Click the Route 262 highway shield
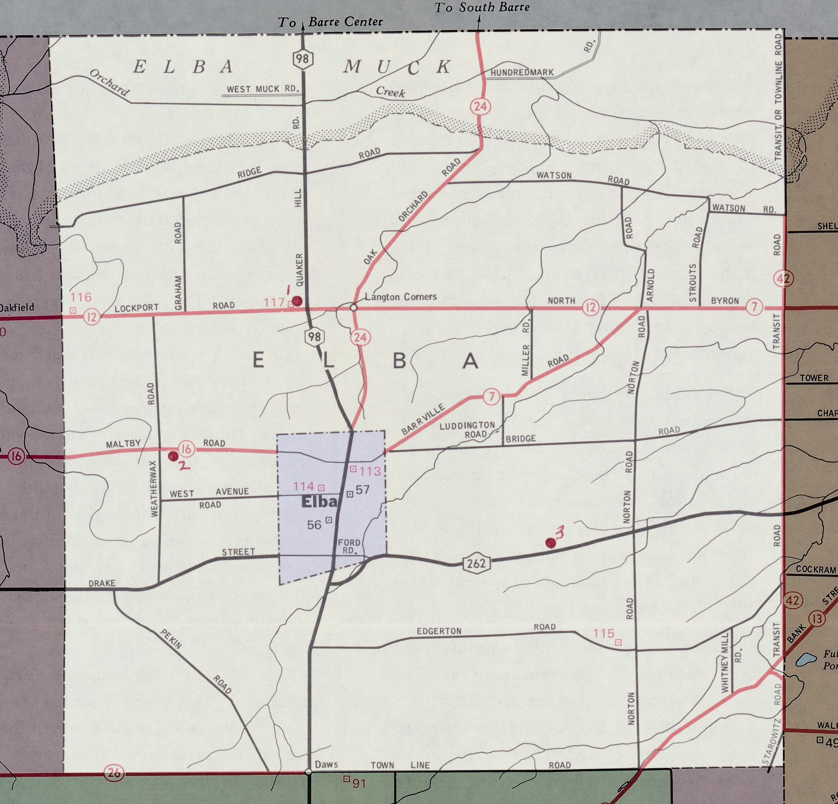coord(476,563)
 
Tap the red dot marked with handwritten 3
coord(551,543)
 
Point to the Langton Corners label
coord(401,297)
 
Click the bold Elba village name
coord(319,502)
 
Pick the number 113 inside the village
coord(370,471)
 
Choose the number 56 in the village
coord(314,525)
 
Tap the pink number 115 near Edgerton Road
coord(603,633)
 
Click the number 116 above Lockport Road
coord(81,297)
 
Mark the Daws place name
coord(326,764)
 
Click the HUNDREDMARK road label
coord(522,73)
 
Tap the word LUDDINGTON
coord(467,425)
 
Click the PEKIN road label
coord(171,639)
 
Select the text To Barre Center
coord(330,22)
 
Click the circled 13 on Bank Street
coord(817,619)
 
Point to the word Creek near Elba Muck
coord(390,91)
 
